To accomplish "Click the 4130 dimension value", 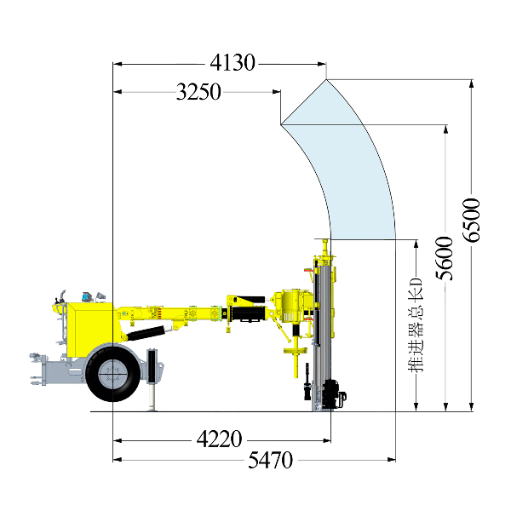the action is [233, 62].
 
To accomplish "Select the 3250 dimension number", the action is [198, 92].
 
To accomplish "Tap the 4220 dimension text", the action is [220, 439].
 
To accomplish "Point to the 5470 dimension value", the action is [271, 460].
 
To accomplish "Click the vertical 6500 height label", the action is [472, 220].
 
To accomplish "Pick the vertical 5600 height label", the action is [445, 258].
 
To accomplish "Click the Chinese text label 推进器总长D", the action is [416, 325].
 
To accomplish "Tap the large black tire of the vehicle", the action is [112, 374].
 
